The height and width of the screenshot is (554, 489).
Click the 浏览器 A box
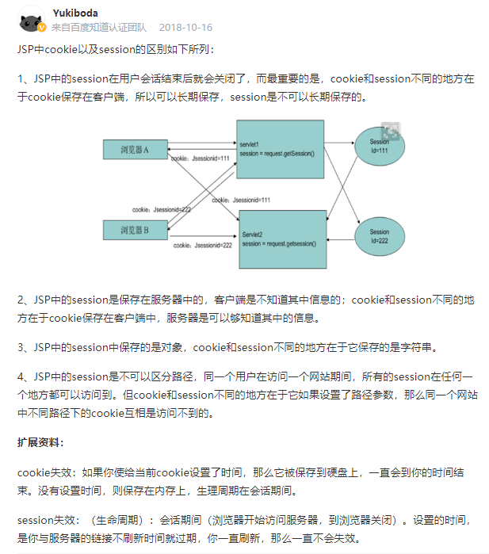pos(134,149)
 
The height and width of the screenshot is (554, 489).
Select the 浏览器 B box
pos(134,230)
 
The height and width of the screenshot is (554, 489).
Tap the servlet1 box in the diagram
pos(280,154)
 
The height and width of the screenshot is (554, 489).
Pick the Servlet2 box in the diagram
pos(283,240)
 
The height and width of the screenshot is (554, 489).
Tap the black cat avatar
pos(30,18)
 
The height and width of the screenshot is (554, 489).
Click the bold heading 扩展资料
pos(40,441)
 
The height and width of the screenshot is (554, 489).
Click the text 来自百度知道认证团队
pos(99,27)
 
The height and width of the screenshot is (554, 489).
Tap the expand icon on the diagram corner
pos(389,131)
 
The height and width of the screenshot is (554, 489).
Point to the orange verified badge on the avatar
pos(42,28)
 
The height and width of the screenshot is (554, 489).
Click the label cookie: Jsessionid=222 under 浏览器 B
pos(202,246)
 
